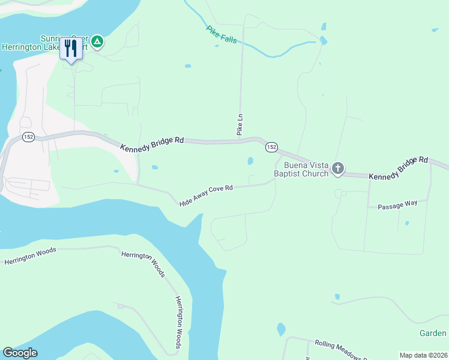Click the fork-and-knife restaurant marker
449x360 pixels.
click(71, 48)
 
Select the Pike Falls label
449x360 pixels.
click(221, 34)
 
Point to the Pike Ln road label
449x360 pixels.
click(240, 124)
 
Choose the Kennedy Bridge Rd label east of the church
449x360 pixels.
click(398, 169)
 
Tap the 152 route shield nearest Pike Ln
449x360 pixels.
click(271, 147)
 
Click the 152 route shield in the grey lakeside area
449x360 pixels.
click(28, 137)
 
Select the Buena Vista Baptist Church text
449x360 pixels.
click(301, 169)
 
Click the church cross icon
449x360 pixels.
click(338, 169)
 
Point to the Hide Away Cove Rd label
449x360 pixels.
click(206, 196)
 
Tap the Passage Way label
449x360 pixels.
click(397, 205)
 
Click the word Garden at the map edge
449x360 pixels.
click(433, 333)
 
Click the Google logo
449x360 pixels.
click(20, 353)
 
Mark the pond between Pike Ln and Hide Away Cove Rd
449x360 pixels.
click(250, 161)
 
